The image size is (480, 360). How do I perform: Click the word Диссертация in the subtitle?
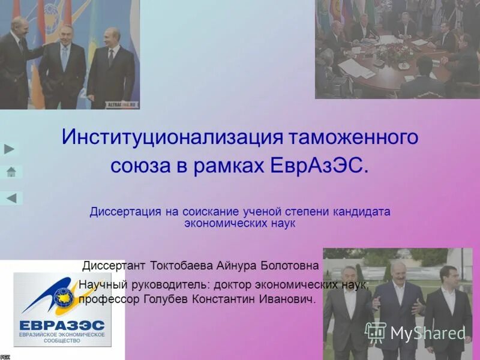[x=125, y=212]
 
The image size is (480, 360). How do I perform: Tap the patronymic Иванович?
[x=286, y=298]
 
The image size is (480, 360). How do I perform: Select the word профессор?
[x=103, y=298]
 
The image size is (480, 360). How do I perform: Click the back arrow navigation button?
[x=11, y=198]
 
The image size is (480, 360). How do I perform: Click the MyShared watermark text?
[x=428, y=333]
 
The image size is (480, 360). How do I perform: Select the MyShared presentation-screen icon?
[x=376, y=332]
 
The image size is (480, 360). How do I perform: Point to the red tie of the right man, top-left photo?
[x=110, y=58]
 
